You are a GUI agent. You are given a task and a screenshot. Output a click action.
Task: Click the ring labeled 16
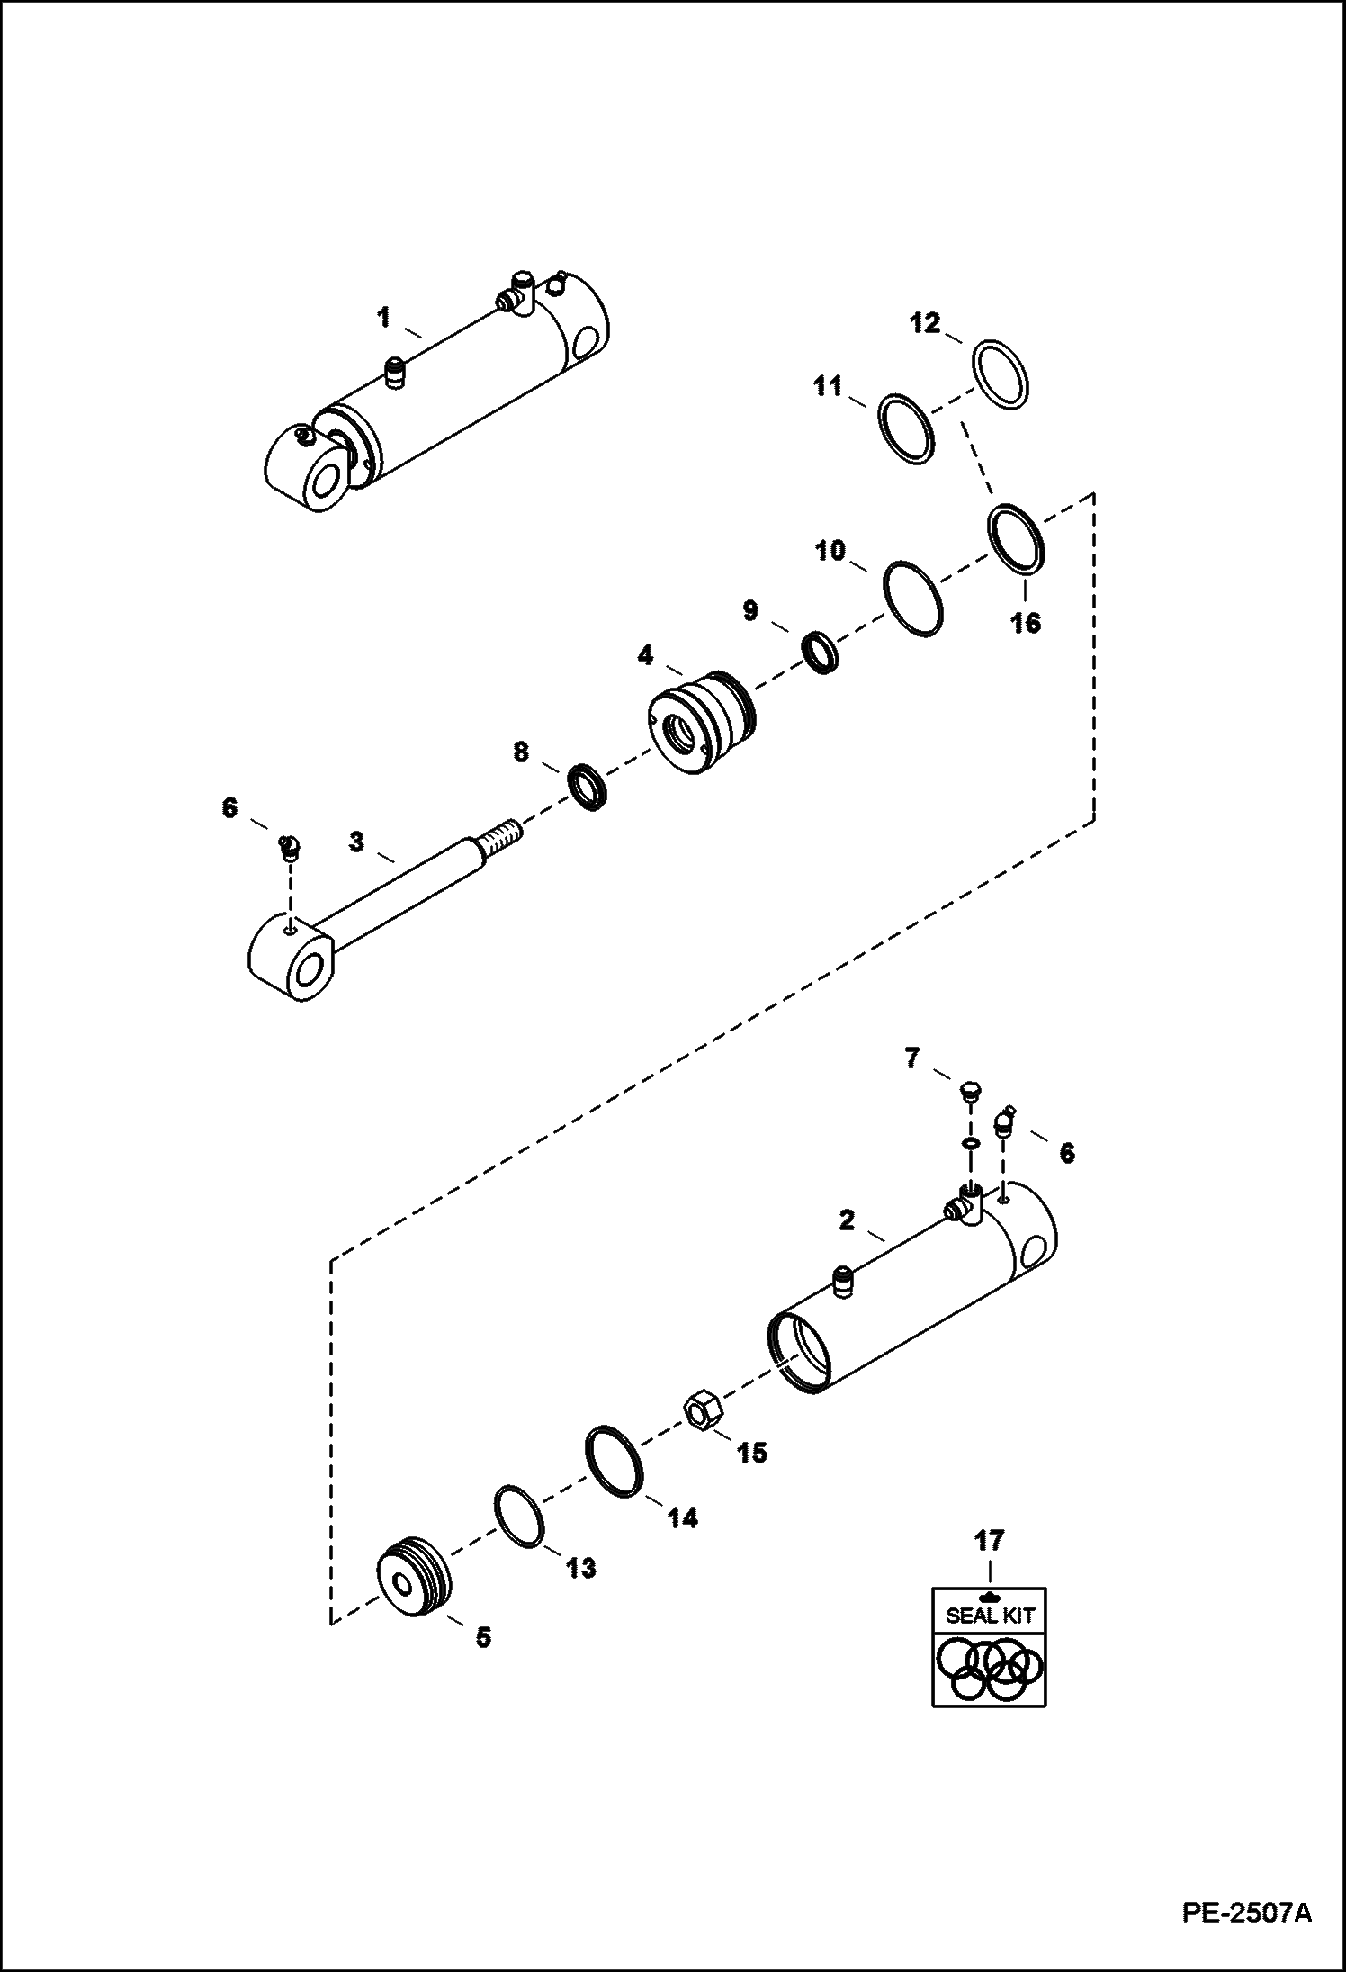(1018, 538)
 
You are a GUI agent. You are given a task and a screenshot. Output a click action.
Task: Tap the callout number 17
(989, 1540)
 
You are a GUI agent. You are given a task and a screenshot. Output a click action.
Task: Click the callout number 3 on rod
(357, 842)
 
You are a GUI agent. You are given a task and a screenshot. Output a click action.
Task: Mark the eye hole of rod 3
(307, 974)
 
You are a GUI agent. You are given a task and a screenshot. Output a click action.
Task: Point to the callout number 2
(846, 1220)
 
